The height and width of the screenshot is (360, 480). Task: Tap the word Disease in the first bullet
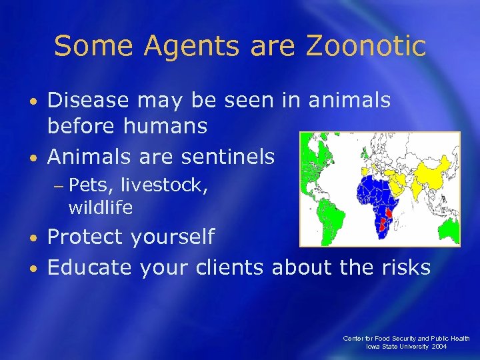(89, 100)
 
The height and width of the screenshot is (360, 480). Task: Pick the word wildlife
(101, 207)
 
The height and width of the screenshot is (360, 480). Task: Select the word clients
(231, 267)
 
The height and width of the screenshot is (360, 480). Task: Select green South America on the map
(330, 213)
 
